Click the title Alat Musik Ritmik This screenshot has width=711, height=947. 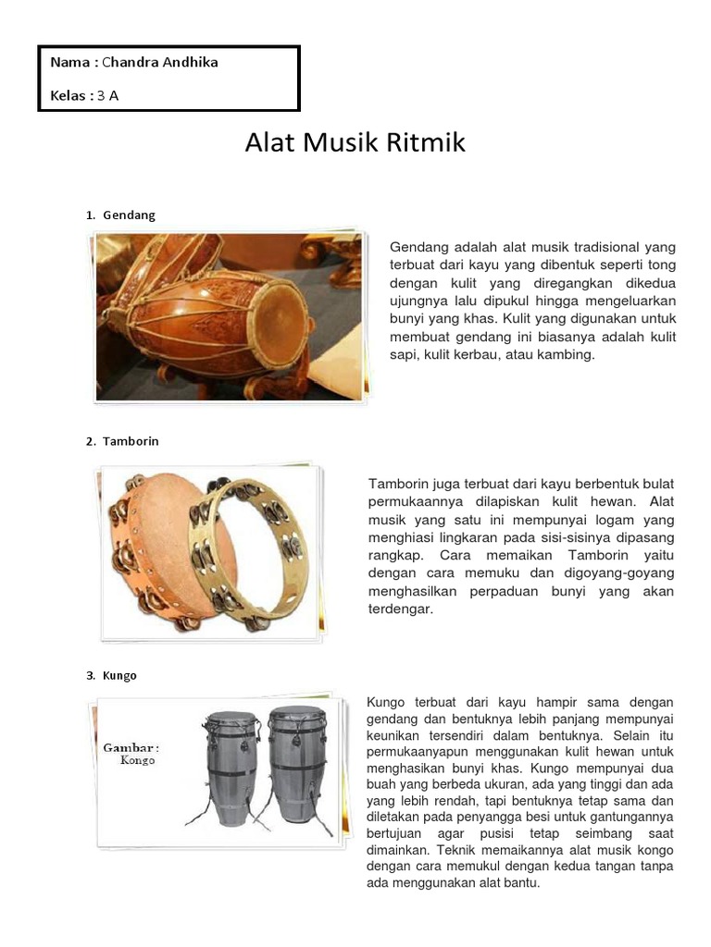(x=355, y=143)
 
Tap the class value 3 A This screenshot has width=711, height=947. (x=108, y=95)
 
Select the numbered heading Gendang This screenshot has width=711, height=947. (x=130, y=215)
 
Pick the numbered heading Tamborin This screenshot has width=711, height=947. (x=131, y=442)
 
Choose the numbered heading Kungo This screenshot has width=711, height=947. (x=120, y=676)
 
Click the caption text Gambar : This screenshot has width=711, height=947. (x=131, y=747)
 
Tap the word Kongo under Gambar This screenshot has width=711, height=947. (x=138, y=761)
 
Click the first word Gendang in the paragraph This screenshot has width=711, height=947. (x=418, y=248)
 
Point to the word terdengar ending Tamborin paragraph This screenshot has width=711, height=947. (x=401, y=609)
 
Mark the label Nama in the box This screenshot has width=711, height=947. (x=69, y=63)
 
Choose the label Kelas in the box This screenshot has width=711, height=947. (x=69, y=95)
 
